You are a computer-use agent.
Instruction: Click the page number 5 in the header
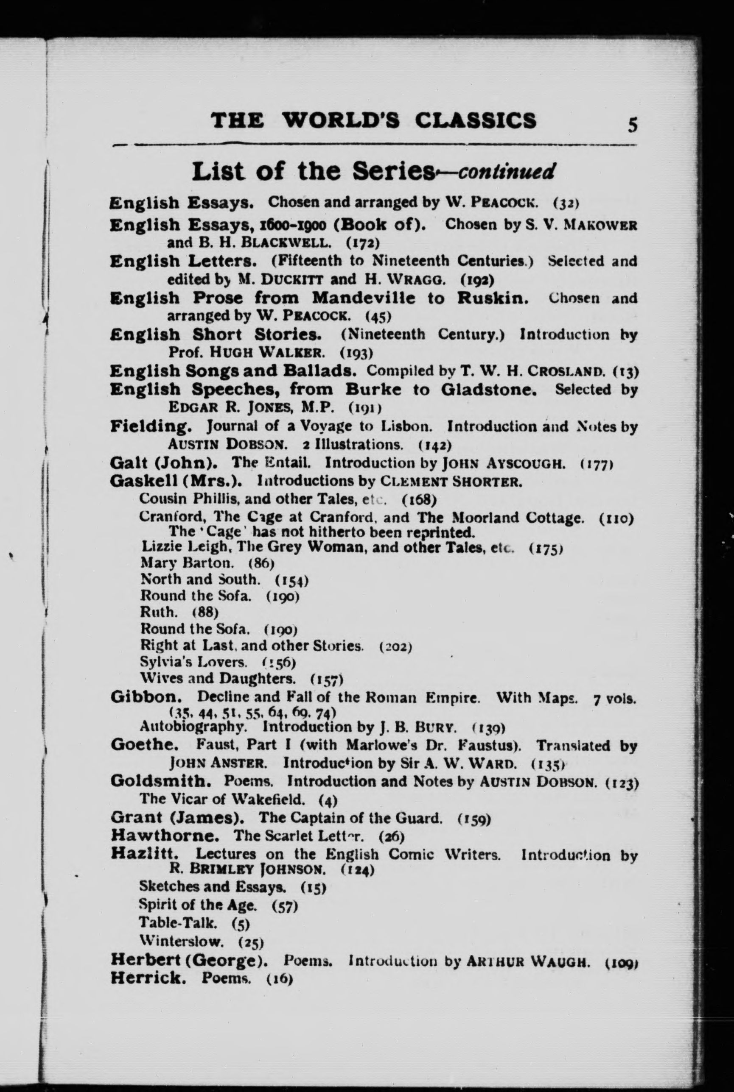633,125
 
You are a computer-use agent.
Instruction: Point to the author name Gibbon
146,697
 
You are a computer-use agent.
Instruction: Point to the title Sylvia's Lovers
194,662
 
